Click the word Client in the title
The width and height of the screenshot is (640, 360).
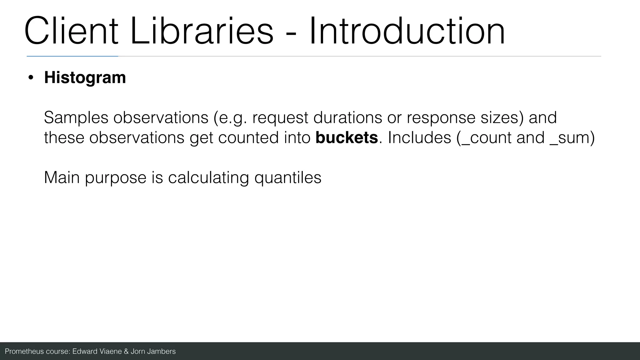click(x=71, y=31)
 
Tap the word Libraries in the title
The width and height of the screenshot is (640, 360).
click(x=202, y=31)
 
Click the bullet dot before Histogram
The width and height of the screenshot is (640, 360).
click(x=30, y=78)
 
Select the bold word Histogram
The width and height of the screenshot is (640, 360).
click(x=85, y=77)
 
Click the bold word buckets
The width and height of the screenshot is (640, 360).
click(x=347, y=137)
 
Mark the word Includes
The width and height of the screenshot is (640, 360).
click(x=419, y=137)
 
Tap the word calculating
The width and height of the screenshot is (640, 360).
click(x=208, y=178)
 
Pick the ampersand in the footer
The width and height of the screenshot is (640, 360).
click(x=126, y=352)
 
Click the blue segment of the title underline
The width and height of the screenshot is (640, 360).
click(x=72, y=56)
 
